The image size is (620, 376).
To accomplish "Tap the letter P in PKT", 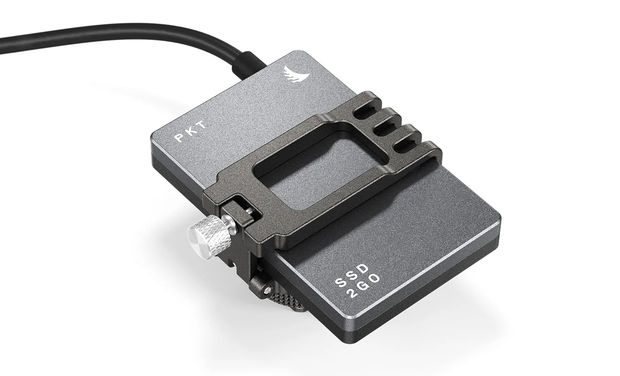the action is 181,138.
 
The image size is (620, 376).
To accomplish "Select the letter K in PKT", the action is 192,131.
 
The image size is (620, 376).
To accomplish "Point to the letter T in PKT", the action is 202,125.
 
